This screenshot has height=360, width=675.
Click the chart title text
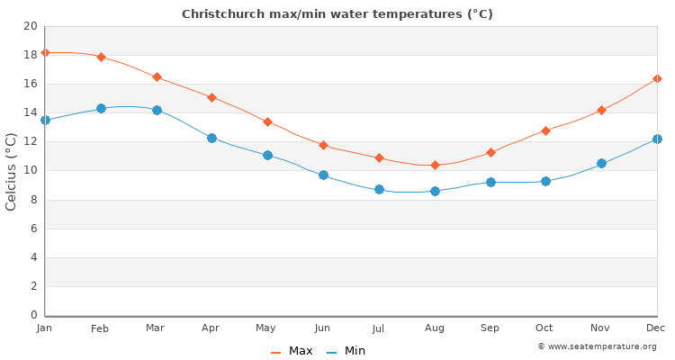click(337, 14)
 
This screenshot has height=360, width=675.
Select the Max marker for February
click(101, 57)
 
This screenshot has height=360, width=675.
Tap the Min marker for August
click(435, 191)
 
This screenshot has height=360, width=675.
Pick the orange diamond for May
click(267, 121)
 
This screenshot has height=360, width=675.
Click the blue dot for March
click(157, 110)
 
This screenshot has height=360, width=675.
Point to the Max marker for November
click(601, 110)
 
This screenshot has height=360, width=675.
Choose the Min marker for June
click(323, 175)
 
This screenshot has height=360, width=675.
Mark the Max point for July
click(379, 157)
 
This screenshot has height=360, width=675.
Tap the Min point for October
click(545, 181)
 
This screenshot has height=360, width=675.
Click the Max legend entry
click(292, 351)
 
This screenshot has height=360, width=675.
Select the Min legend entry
click(346, 351)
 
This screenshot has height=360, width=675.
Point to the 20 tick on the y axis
click(30, 26)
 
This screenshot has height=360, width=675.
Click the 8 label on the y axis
click(33, 200)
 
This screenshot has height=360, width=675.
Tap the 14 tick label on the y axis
click(30, 112)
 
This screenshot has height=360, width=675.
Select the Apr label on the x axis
click(211, 328)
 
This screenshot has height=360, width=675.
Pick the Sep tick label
click(490, 328)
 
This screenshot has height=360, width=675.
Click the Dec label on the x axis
click(656, 328)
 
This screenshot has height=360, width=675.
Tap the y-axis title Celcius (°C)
click(12, 171)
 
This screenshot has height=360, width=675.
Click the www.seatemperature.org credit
click(597, 346)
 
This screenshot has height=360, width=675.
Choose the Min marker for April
click(211, 138)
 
